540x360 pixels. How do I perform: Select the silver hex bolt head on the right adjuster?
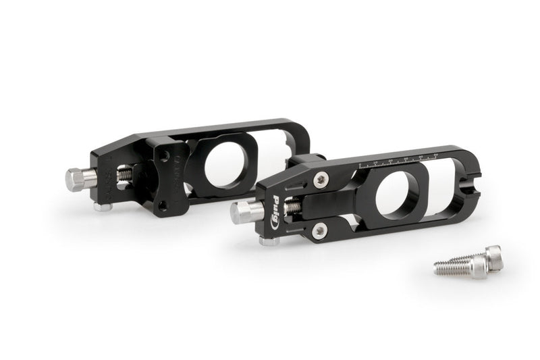(x=245, y=212)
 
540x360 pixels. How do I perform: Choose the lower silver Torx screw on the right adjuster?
(x=320, y=230)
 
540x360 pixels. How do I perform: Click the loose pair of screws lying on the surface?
(x=470, y=263)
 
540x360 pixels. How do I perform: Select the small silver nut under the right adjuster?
(x=269, y=240)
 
